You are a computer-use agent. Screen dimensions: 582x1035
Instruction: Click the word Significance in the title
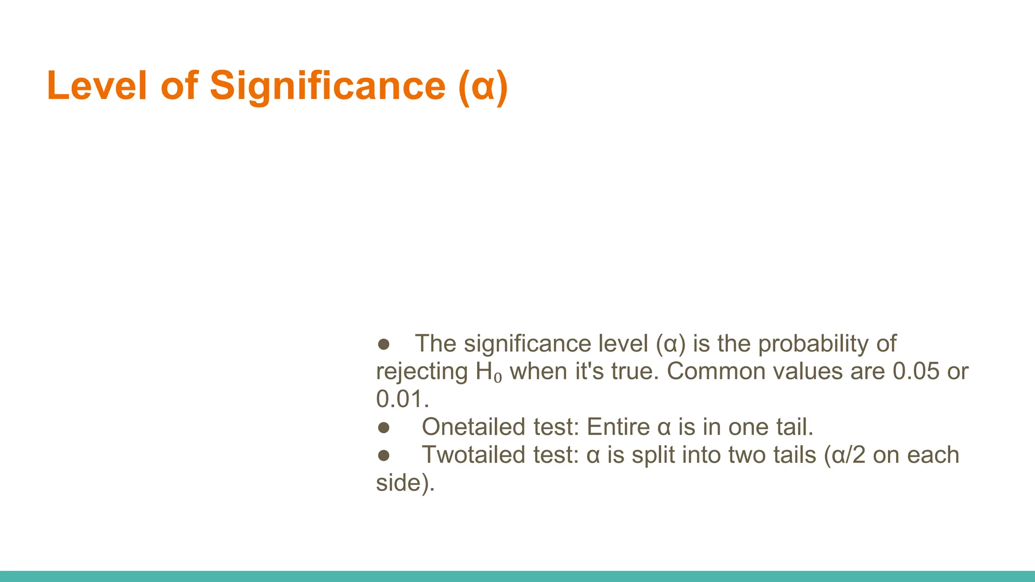click(327, 86)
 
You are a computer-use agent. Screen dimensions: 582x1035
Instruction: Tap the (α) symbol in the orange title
click(483, 87)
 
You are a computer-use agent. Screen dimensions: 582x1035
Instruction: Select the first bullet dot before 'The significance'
click(384, 344)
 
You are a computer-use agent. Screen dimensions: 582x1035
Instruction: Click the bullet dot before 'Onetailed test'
click(384, 427)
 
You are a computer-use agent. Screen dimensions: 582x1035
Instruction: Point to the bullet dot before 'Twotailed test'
click(384, 455)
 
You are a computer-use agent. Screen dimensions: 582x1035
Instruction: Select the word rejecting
click(421, 372)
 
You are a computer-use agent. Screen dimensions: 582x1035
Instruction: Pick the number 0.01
click(402, 399)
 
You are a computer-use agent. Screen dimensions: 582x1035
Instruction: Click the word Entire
click(618, 427)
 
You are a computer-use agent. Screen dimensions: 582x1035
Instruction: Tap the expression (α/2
click(844, 455)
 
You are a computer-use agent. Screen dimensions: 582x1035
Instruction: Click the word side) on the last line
click(405, 483)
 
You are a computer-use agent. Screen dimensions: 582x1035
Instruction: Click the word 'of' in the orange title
click(179, 86)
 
